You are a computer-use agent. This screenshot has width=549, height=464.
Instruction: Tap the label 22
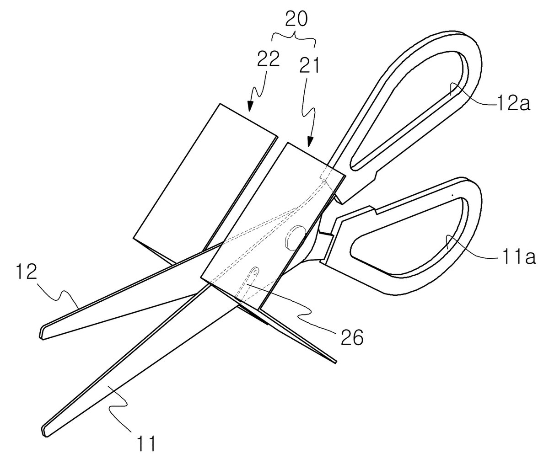tap(268, 59)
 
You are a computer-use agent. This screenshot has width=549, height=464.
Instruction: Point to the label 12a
tap(513, 105)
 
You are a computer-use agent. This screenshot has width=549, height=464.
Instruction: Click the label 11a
tap(516, 257)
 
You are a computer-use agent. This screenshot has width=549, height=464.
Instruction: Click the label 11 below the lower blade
tap(145, 443)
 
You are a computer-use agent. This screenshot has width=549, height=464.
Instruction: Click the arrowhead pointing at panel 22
tap(249, 106)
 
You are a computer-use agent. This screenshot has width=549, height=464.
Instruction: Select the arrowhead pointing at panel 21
tap(310, 142)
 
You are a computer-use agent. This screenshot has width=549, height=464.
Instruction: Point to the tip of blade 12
tap(43, 335)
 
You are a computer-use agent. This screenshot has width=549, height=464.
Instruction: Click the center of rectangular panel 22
tap(206, 183)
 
